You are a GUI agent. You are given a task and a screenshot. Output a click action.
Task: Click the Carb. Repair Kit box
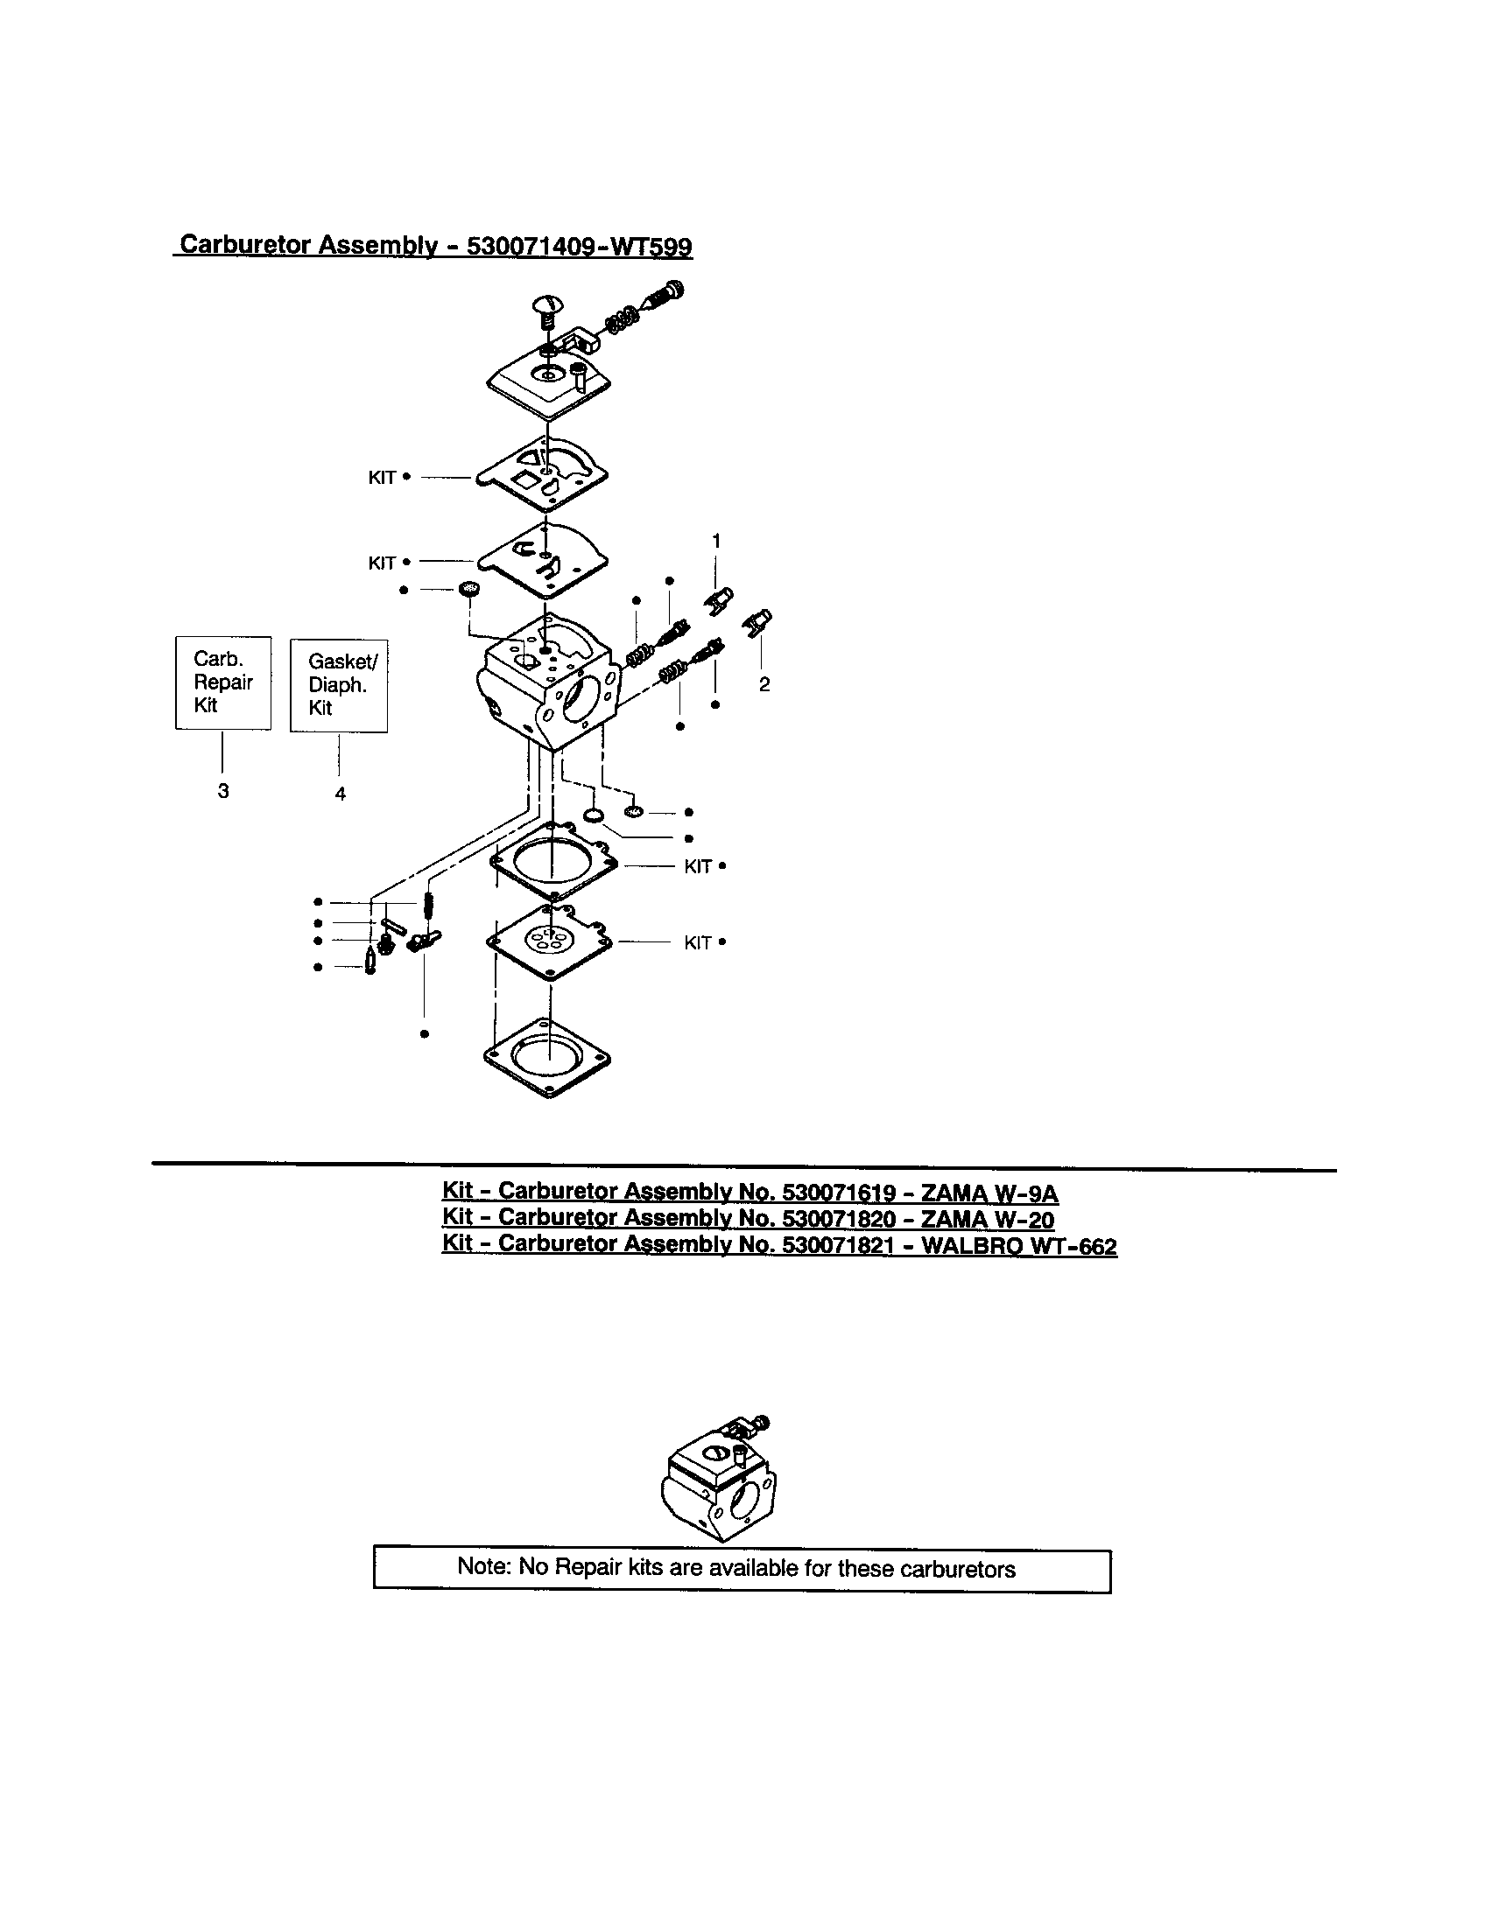pyautogui.click(x=223, y=682)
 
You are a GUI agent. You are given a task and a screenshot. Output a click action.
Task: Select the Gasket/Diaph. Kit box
pyautogui.click(x=339, y=685)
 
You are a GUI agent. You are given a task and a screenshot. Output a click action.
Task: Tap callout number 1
pyautogui.click(x=716, y=540)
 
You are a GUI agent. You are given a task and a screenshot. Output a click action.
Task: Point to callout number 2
pyautogui.click(x=764, y=684)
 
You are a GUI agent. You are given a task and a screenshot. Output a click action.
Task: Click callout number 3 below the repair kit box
pyautogui.click(x=223, y=791)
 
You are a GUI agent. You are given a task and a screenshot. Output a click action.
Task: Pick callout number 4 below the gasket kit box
pyautogui.click(x=341, y=794)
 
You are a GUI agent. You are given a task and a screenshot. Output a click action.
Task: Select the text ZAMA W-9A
pyautogui.click(x=989, y=1193)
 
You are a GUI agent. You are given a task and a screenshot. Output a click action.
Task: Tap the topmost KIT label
pyautogui.click(x=382, y=478)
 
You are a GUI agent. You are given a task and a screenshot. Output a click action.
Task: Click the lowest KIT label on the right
pyautogui.click(x=698, y=943)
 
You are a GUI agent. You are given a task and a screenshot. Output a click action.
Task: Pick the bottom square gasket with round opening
pyautogui.click(x=547, y=1059)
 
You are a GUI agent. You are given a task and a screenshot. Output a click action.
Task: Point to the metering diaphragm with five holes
pyautogui.click(x=548, y=941)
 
